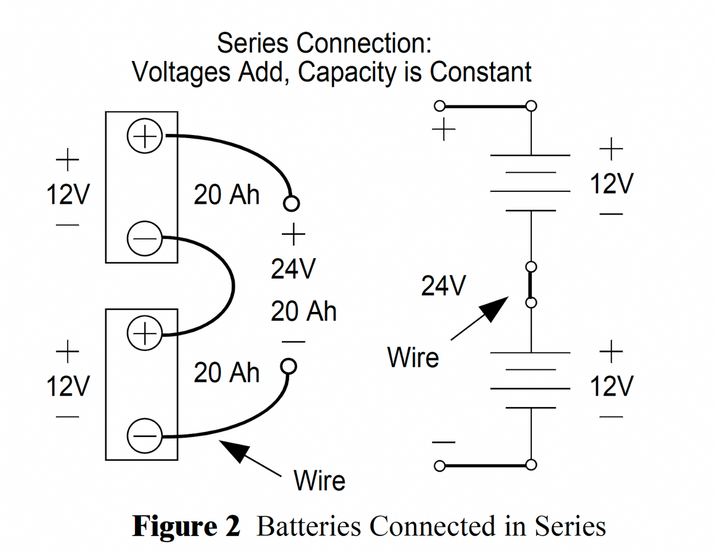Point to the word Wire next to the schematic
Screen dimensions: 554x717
click(x=413, y=358)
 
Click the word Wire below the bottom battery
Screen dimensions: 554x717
click(x=320, y=480)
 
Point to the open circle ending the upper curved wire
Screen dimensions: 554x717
click(x=291, y=203)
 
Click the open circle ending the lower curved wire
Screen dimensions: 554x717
click(x=288, y=365)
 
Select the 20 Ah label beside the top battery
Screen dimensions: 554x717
click(x=226, y=195)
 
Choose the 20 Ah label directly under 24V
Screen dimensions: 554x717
click(x=304, y=311)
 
